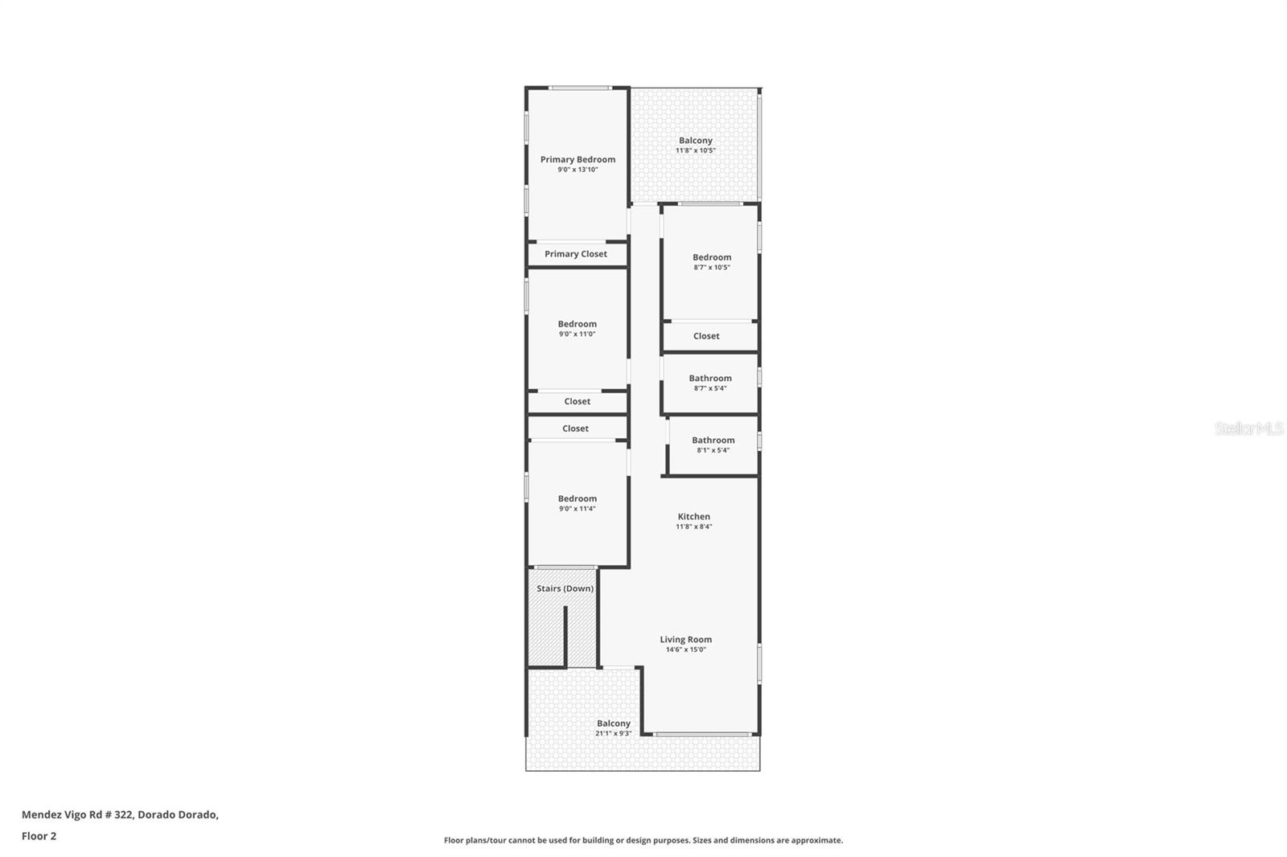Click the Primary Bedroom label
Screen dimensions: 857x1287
coord(578,159)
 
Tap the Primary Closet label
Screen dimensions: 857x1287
coord(575,254)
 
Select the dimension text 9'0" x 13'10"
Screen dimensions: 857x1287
coord(578,170)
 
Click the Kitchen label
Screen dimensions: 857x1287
coord(693,517)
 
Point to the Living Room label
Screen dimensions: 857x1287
coord(685,640)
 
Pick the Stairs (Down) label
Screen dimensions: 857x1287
coord(565,588)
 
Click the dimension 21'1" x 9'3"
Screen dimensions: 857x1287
coord(613,733)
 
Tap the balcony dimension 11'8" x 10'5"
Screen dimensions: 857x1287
coord(695,150)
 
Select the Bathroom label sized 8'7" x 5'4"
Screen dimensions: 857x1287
coord(709,379)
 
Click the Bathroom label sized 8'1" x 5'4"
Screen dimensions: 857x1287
coord(713,441)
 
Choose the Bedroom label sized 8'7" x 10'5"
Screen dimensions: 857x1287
coord(711,258)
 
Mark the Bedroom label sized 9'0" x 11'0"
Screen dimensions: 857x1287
coord(577,325)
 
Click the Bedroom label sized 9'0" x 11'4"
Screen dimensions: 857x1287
coord(577,499)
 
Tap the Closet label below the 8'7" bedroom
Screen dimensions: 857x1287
coord(706,336)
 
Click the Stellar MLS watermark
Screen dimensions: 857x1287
coord(1248,429)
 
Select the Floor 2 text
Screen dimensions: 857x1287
coord(39,836)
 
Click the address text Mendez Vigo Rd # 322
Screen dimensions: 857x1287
coord(77,814)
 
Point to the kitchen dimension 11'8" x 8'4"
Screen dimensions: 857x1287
coord(693,527)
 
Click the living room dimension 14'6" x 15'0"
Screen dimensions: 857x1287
coord(685,650)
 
